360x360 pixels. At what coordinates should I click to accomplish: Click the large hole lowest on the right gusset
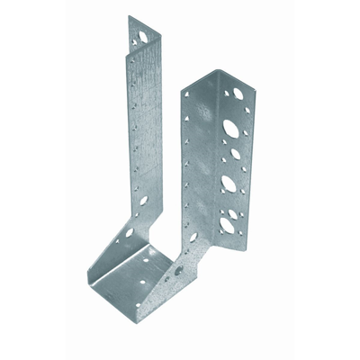pos(193,238)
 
